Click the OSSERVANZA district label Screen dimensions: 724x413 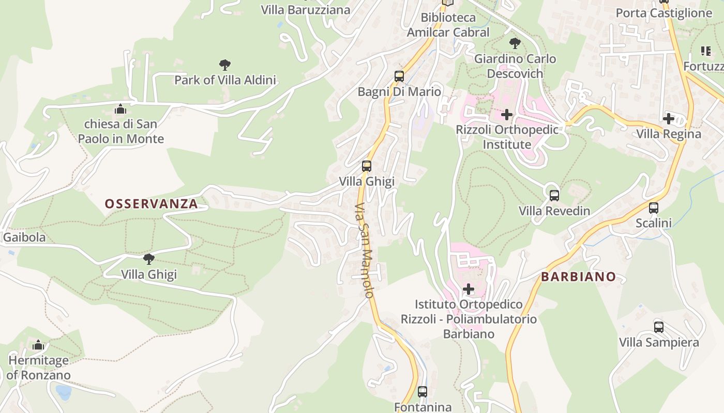151,204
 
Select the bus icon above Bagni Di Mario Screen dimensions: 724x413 399,76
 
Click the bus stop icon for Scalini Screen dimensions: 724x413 654,208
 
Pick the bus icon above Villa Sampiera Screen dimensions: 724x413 658,327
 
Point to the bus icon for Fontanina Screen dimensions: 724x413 423,392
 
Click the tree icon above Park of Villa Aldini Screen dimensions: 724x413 224,65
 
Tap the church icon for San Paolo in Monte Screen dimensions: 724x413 120,109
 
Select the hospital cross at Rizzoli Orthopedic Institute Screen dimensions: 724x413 507,114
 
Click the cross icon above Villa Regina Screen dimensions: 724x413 668,119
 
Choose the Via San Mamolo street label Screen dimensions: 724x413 364,250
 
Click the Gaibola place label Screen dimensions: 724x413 24,237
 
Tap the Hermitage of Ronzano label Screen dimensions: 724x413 38,368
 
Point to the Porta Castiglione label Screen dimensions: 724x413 663,13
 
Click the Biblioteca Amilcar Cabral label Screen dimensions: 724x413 448,25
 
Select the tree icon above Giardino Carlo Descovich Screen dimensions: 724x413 515,43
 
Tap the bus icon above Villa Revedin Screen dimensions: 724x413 554,196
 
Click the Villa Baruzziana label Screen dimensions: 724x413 305,9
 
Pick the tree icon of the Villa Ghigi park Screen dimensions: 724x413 149,259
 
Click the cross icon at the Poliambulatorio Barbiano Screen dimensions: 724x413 469,289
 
